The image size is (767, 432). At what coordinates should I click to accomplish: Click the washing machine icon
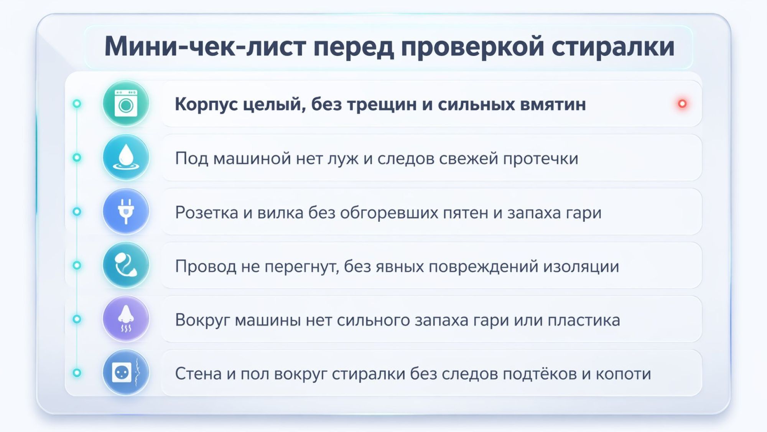coord(126,104)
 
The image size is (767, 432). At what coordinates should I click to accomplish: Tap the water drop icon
coord(126,158)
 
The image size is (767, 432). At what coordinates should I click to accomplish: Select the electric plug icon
coord(126,211)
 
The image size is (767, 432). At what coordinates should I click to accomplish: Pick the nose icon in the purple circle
coord(126,319)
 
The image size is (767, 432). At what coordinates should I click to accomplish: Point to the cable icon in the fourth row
coord(126,265)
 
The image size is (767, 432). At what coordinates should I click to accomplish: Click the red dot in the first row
coord(682,104)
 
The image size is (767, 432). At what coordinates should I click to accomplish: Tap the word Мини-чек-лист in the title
coord(205,46)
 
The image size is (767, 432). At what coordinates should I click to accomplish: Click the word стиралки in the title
coord(613,46)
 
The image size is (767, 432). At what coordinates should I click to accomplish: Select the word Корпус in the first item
coord(206,104)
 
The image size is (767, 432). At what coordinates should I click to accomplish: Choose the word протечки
coord(540,158)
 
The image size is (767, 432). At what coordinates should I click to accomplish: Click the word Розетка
coord(206,212)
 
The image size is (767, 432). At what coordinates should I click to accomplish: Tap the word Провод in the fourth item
coord(206,266)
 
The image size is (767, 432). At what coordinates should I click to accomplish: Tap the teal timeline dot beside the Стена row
coord(77,373)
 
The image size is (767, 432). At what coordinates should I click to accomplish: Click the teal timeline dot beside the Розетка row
coord(77,211)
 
